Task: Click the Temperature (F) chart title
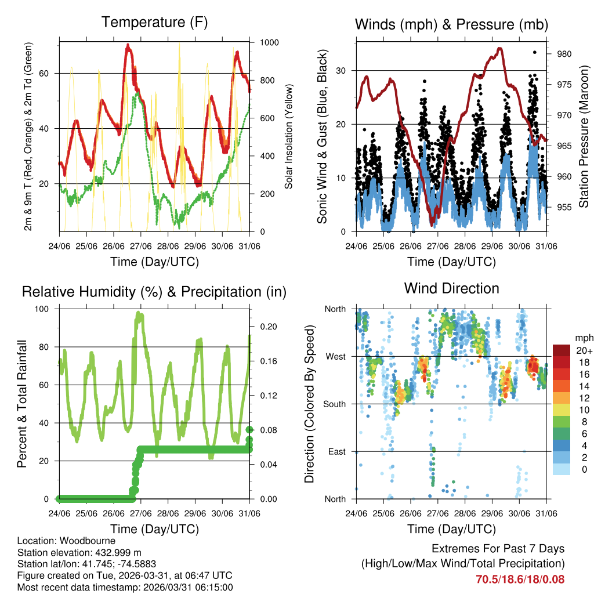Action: coord(154,23)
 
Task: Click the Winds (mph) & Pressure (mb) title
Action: coord(451,24)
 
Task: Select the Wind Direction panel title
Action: coord(451,288)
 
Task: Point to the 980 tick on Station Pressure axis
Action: coord(565,54)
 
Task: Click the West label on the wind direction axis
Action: coord(335,356)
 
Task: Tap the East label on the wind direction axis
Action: coord(336,451)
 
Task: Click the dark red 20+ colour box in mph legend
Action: coord(562,350)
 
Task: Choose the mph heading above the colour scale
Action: coord(583,338)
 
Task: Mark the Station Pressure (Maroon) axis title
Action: coord(584,136)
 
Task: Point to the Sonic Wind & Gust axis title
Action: coord(323,136)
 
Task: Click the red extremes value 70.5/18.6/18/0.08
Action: coord(520,579)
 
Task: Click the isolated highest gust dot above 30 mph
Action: coord(534,52)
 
